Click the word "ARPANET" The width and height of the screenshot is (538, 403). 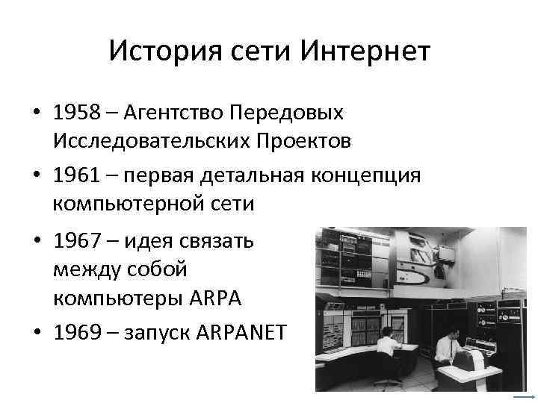[241, 331]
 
